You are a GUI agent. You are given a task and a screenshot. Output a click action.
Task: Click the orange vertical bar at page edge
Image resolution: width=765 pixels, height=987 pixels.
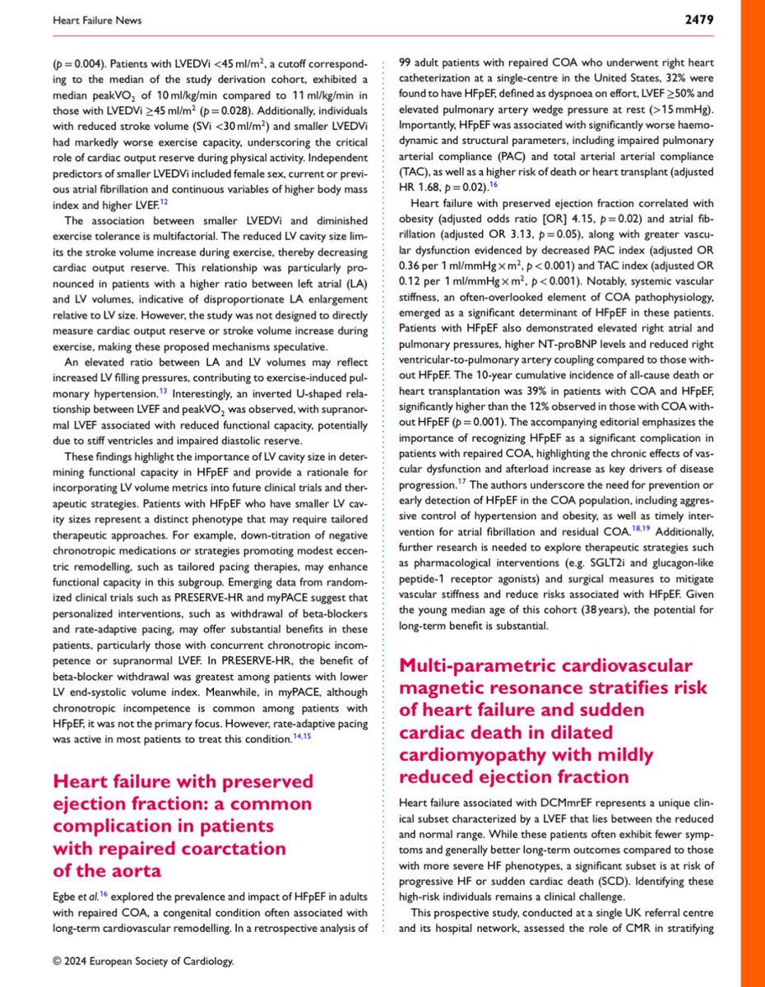[x=751, y=493]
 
